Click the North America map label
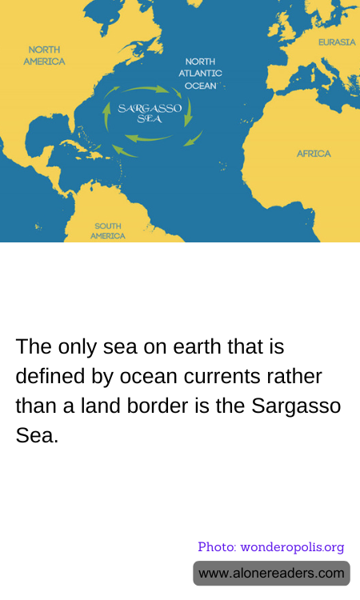(x=44, y=55)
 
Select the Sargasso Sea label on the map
(x=150, y=112)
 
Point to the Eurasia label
(x=337, y=42)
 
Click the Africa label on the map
(x=314, y=154)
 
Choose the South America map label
(x=108, y=231)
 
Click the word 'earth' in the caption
(x=202, y=347)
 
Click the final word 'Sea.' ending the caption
(x=37, y=435)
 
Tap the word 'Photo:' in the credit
(x=217, y=547)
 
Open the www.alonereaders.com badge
(x=271, y=573)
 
